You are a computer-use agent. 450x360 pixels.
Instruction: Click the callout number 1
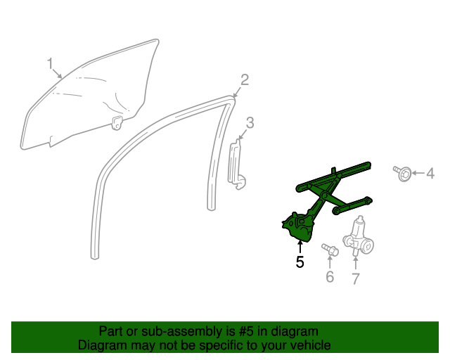tap(50, 65)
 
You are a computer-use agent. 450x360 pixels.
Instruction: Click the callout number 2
tap(245, 79)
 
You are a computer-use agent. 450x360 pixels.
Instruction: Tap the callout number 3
tap(250, 123)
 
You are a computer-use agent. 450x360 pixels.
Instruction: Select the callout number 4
tap(430, 173)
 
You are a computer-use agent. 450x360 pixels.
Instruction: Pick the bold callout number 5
tap(300, 263)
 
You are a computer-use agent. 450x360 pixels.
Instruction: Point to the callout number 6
tap(329, 277)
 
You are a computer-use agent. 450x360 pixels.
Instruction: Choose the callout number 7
tap(355, 279)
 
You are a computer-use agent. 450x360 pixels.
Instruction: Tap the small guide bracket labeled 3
tap(237, 165)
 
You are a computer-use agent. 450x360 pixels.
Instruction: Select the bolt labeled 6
tap(329, 249)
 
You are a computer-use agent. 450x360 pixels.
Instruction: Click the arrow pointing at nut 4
tap(418, 173)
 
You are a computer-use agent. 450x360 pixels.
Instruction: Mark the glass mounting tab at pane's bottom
tap(117, 123)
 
